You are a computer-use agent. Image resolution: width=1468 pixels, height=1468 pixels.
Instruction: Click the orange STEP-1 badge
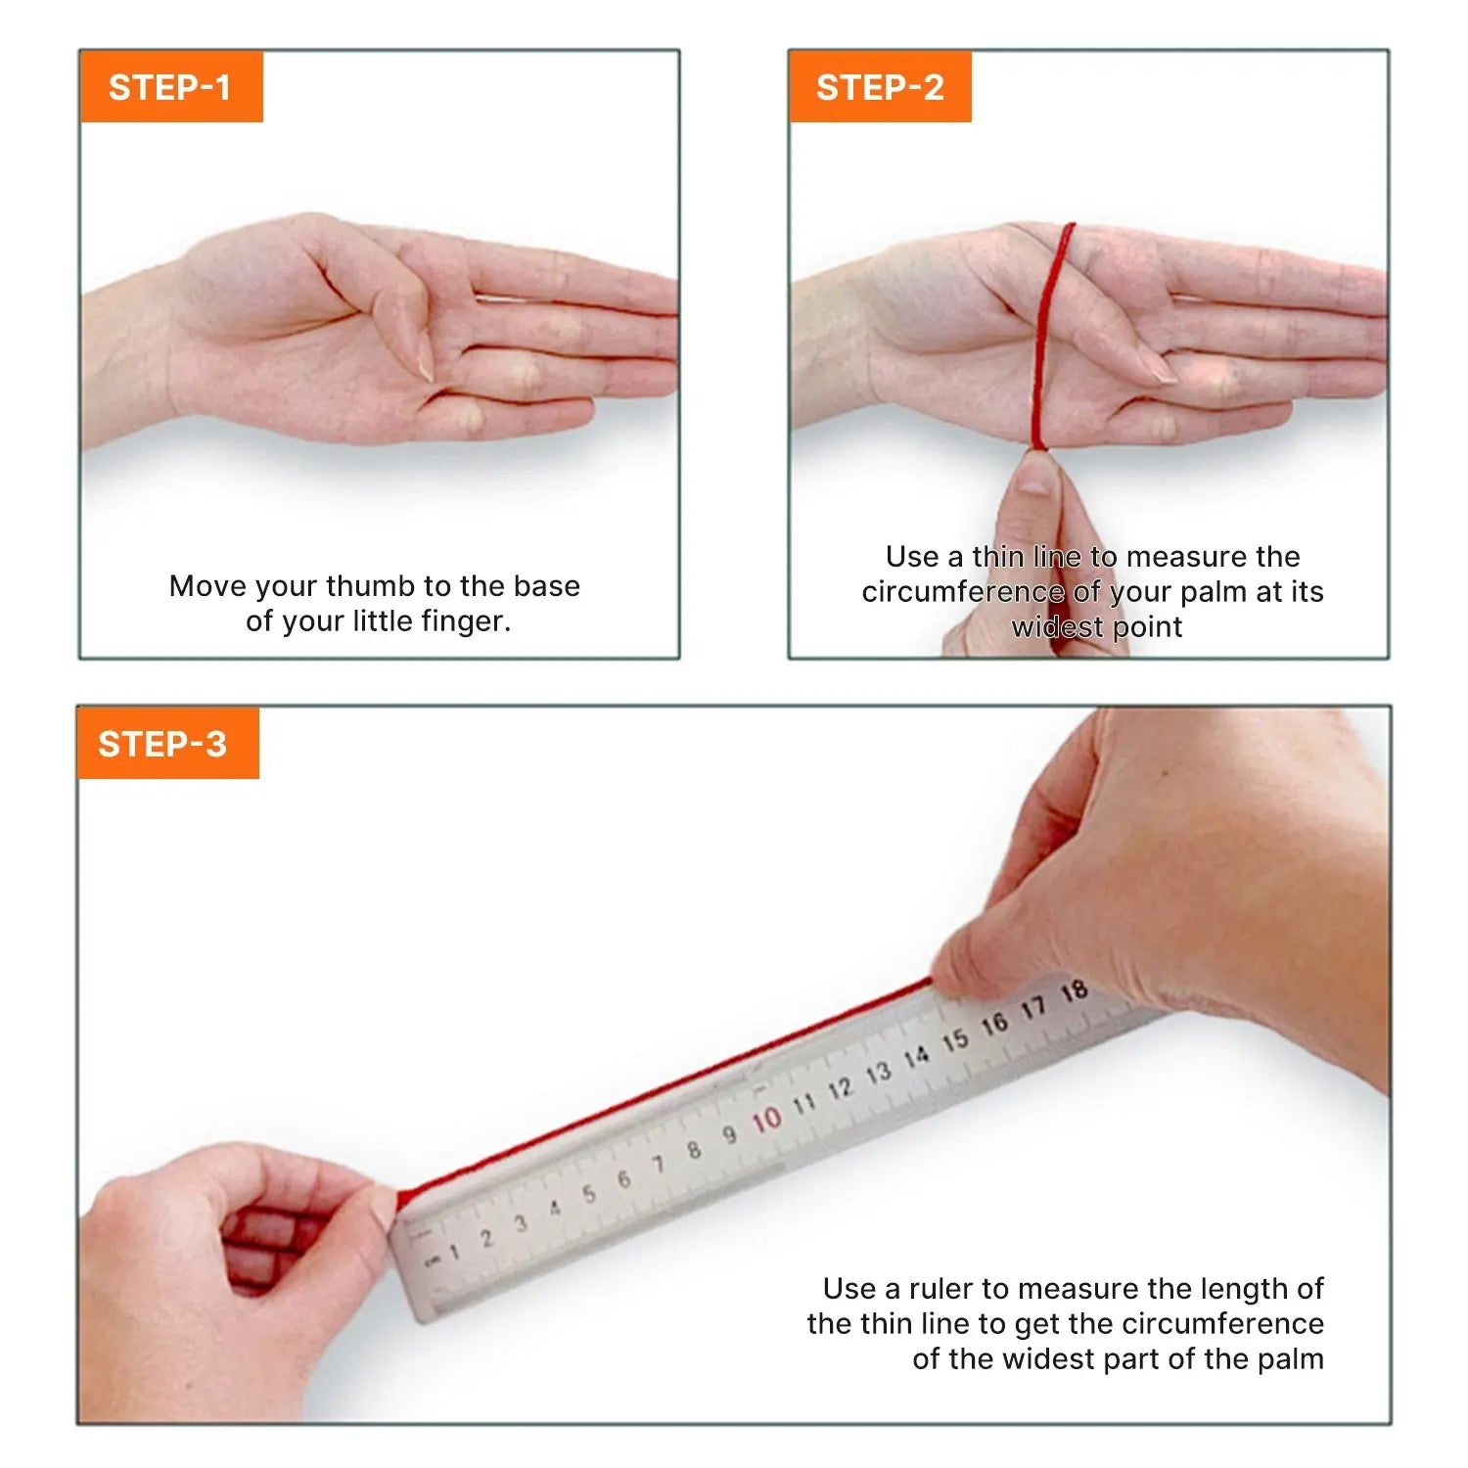coord(171,86)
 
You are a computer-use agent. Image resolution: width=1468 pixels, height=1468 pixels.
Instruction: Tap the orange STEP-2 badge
coord(880,86)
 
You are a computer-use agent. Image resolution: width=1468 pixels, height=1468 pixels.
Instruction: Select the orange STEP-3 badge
coord(167,743)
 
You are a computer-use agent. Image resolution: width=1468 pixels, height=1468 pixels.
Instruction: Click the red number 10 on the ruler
coord(766,1120)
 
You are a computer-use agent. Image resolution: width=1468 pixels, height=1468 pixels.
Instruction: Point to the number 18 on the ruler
coord(1075,991)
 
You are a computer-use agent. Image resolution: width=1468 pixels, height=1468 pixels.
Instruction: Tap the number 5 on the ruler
coord(588,1194)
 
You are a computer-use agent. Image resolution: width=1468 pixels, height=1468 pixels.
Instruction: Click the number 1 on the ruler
coord(454,1252)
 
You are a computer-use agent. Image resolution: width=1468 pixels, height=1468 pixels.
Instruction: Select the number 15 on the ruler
coord(955,1040)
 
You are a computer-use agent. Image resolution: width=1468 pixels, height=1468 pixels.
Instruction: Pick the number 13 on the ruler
coord(878,1073)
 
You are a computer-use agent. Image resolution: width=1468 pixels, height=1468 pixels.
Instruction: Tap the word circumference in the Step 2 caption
coord(962,591)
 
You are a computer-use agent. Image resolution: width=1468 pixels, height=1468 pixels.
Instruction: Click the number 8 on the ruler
coord(694,1150)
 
